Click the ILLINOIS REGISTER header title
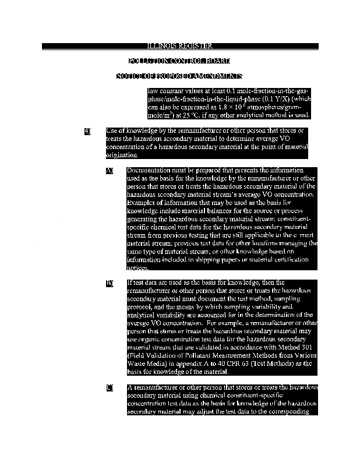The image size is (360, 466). coord(179,46)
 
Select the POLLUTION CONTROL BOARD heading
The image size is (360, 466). coord(179,61)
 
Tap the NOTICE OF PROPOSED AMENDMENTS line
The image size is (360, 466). coord(179,76)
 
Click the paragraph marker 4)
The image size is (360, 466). coord(87,131)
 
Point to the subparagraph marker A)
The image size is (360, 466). coord(109,171)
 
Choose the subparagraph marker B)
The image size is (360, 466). coord(109,283)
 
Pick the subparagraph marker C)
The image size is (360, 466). coord(109,388)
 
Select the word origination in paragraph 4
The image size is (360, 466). coord(121,155)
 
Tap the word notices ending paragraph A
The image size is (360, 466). coord(137,268)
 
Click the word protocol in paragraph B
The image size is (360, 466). coord(140,305)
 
